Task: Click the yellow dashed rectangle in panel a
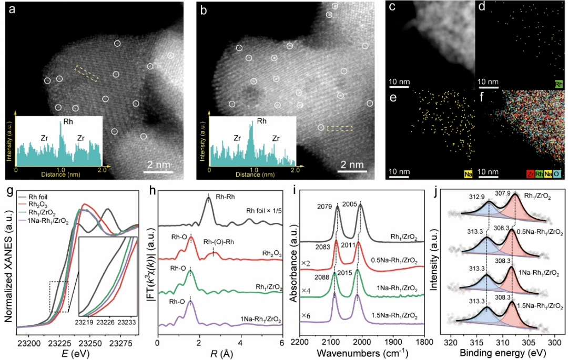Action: click(86, 74)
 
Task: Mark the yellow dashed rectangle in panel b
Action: click(339, 128)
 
